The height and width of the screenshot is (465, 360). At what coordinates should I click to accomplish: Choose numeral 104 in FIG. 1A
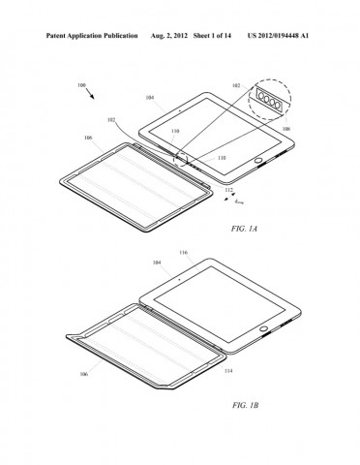149,99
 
